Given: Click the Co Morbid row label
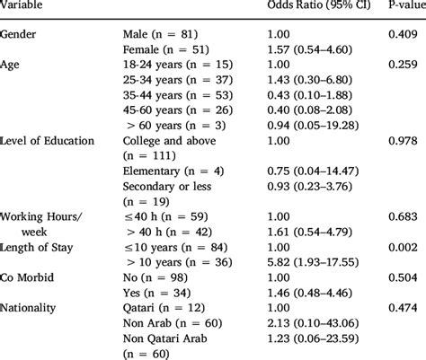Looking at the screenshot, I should (x=31, y=277).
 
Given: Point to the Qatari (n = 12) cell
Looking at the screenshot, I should (x=160, y=308).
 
